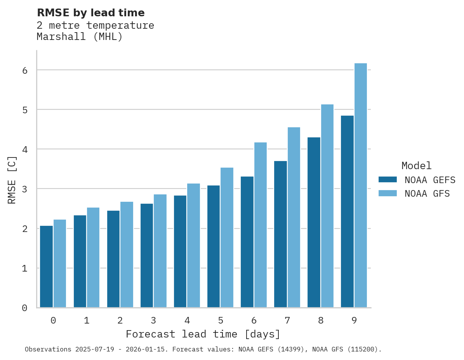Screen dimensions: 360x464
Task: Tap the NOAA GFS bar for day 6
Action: (261, 225)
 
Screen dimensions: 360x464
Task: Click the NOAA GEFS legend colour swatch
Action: (388, 180)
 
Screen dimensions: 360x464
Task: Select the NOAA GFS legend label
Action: (427, 194)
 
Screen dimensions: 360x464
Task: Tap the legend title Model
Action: (416, 166)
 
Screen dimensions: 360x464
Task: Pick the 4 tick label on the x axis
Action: (187, 320)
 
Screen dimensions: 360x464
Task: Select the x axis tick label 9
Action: (354, 320)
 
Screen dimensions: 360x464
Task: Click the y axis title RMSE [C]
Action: (12, 180)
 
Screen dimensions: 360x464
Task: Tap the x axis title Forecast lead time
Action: (203, 334)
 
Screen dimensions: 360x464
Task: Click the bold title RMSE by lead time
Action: (90, 13)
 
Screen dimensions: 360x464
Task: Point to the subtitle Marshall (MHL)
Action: (80, 37)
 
